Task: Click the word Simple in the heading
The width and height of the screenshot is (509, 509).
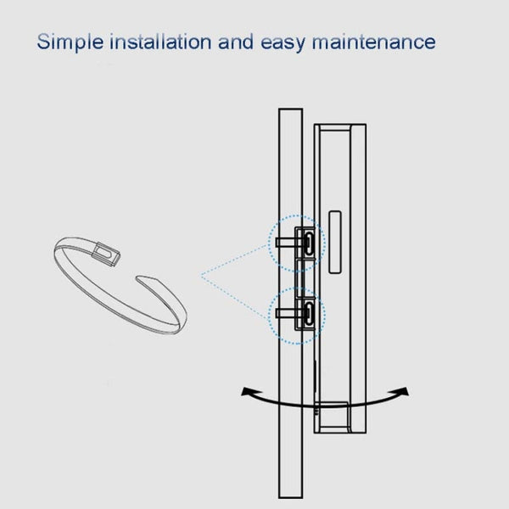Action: tap(70, 42)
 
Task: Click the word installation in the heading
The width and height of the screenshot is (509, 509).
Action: tap(160, 42)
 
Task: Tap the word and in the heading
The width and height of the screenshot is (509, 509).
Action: tap(236, 42)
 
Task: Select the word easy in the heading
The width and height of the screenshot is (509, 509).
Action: tap(283, 43)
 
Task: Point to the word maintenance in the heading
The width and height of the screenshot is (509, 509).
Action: tap(373, 42)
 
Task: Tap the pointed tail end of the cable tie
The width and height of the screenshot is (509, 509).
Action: tap(139, 278)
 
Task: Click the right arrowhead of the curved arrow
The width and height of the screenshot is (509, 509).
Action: tap(404, 391)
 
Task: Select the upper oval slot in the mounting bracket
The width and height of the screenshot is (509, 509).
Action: tap(309, 243)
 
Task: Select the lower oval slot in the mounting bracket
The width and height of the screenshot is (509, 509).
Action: tap(309, 314)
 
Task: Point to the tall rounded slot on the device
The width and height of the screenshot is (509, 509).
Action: tap(335, 242)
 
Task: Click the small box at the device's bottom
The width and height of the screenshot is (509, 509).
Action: tap(333, 416)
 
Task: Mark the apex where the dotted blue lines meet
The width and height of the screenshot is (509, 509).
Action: tap(201, 276)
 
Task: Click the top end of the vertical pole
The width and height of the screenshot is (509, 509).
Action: tap(290, 109)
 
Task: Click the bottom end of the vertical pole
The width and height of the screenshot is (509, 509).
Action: tap(290, 498)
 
